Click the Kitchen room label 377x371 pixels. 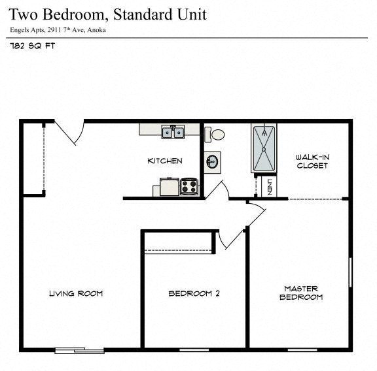click(164, 161)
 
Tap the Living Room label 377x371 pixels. click(76, 293)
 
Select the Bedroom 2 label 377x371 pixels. click(194, 293)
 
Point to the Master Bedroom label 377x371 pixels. click(301, 293)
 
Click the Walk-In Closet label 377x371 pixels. click(312, 161)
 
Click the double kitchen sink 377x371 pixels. click(173, 132)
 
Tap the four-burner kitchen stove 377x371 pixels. click(189, 187)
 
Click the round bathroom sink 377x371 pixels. click(212, 161)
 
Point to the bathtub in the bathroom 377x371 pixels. click(265, 149)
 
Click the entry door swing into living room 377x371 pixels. click(68, 133)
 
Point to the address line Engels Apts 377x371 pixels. click(58, 30)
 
